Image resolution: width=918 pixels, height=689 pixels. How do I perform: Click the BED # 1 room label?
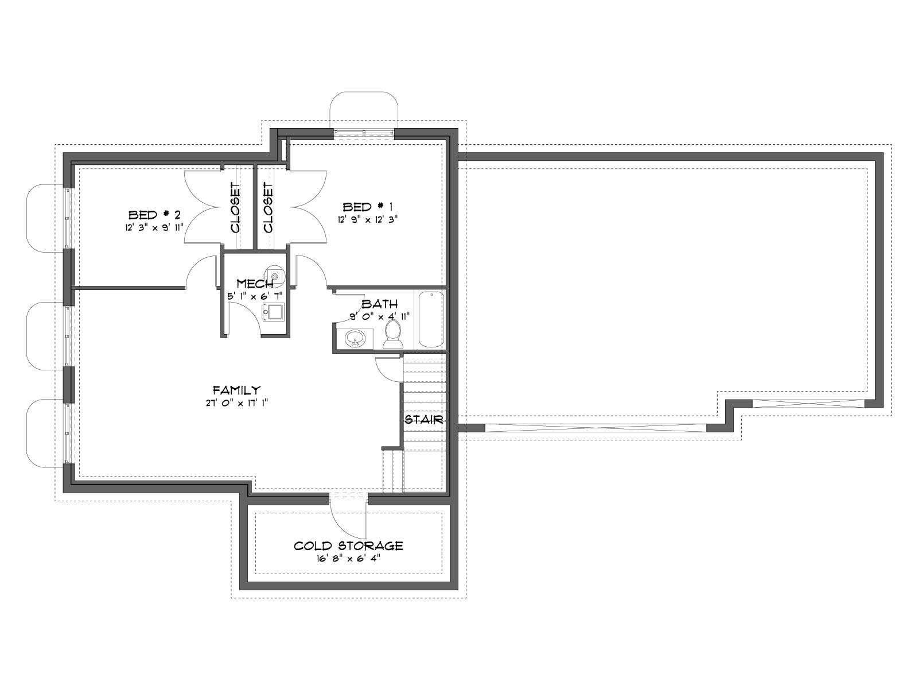click(x=367, y=207)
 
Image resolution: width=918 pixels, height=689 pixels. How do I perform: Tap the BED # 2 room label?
click(x=154, y=215)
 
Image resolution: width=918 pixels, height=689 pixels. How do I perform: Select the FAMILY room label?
click(x=237, y=390)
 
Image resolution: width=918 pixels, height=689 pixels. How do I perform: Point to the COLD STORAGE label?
click(x=348, y=546)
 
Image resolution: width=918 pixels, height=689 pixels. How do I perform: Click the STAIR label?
click(x=423, y=419)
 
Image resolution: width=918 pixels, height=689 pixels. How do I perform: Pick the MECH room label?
click(x=255, y=283)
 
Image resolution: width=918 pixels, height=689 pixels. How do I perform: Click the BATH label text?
click(x=379, y=303)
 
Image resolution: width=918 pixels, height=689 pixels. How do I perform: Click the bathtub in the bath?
click(x=431, y=320)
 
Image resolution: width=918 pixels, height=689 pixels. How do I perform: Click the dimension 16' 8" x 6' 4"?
click(x=348, y=559)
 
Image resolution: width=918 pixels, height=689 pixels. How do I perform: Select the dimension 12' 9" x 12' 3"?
click(x=367, y=219)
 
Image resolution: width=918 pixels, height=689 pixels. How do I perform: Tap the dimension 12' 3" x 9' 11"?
click(x=154, y=227)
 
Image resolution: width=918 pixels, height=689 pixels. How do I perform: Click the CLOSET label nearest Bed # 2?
click(x=235, y=207)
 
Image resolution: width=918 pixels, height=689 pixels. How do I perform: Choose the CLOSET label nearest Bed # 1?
click(x=268, y=207)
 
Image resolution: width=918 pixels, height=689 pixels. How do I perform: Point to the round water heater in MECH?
click(x=275, y=275)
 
